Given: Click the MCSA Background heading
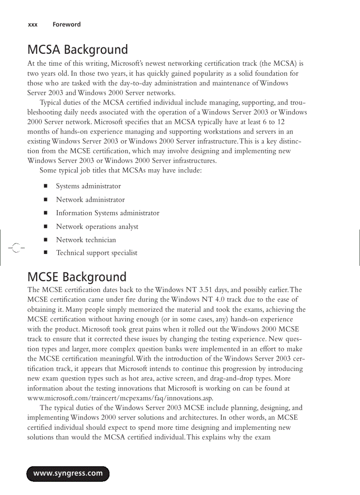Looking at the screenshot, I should pyautogui.click(x=78, y=49).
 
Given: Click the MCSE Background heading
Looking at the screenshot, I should pyautogui.click(x=77, y=277).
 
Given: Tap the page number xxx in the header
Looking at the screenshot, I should pyautogui.click(x=33, y=25).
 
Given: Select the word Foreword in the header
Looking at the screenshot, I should pyautogui.click(x=67, y=25).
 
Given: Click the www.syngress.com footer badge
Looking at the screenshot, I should pyautogui.click(x=68, y=473).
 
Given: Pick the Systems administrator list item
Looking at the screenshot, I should pyautogui.click(x=88, y=186).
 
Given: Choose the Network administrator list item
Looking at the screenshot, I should pyautogui.click(x=90, y=200).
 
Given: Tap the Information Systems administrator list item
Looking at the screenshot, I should pyautogui.click(x=107, y=213).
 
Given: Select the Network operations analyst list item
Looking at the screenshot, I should pyautogui.click(x=97, y=227).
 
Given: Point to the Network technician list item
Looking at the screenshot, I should pyautogui.click(x=86, y=240).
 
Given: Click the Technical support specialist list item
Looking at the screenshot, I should pyautogui.click(x=97, y=253).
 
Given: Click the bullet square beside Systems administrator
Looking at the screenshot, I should pyautogui.click(x=45, y=186).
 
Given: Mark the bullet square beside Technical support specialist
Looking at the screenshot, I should pyautogui.click(x=45, y=253).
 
